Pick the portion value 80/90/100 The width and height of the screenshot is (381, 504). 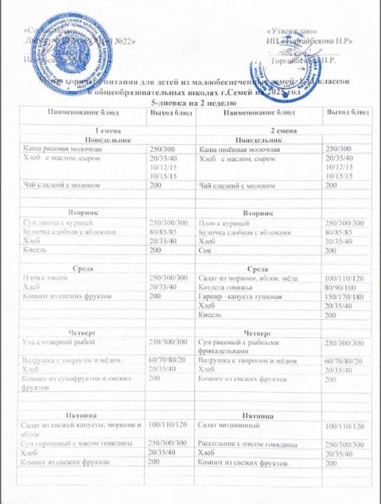pos(343,288)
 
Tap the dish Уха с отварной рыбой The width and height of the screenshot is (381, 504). pos(57,342)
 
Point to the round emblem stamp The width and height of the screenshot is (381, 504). pos(72,43)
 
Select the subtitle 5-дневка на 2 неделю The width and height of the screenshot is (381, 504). pos(192,103)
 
